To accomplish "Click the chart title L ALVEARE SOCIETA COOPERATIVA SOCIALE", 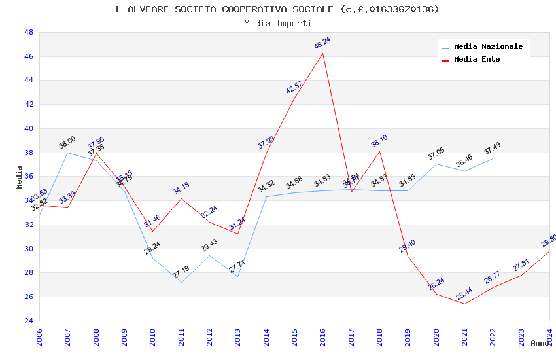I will click(277, 9).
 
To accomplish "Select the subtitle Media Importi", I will click(277, 24).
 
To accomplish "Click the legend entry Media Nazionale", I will click(488, 47).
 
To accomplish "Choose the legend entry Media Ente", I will click(477, 60).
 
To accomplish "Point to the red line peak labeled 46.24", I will click(322, 53).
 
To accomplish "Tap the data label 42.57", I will click(294, 88).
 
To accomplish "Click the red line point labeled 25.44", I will click(464, 304).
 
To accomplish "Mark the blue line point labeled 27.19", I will click(181, 282).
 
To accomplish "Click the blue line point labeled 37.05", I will click(436, 164).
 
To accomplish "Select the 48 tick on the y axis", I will click(29, 32).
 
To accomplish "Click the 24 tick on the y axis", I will click(29, 321).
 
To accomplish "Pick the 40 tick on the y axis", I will click(29, 128).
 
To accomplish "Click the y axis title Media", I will click(20, 177).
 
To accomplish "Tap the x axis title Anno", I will click(540, 343).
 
